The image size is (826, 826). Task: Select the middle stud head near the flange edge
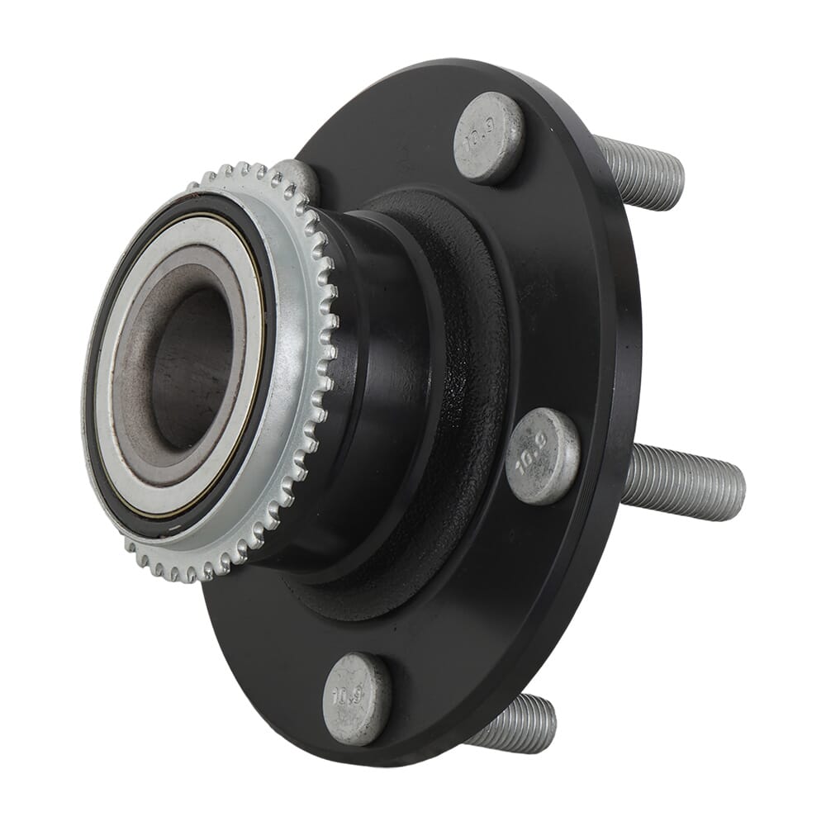(x=543, y=456)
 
